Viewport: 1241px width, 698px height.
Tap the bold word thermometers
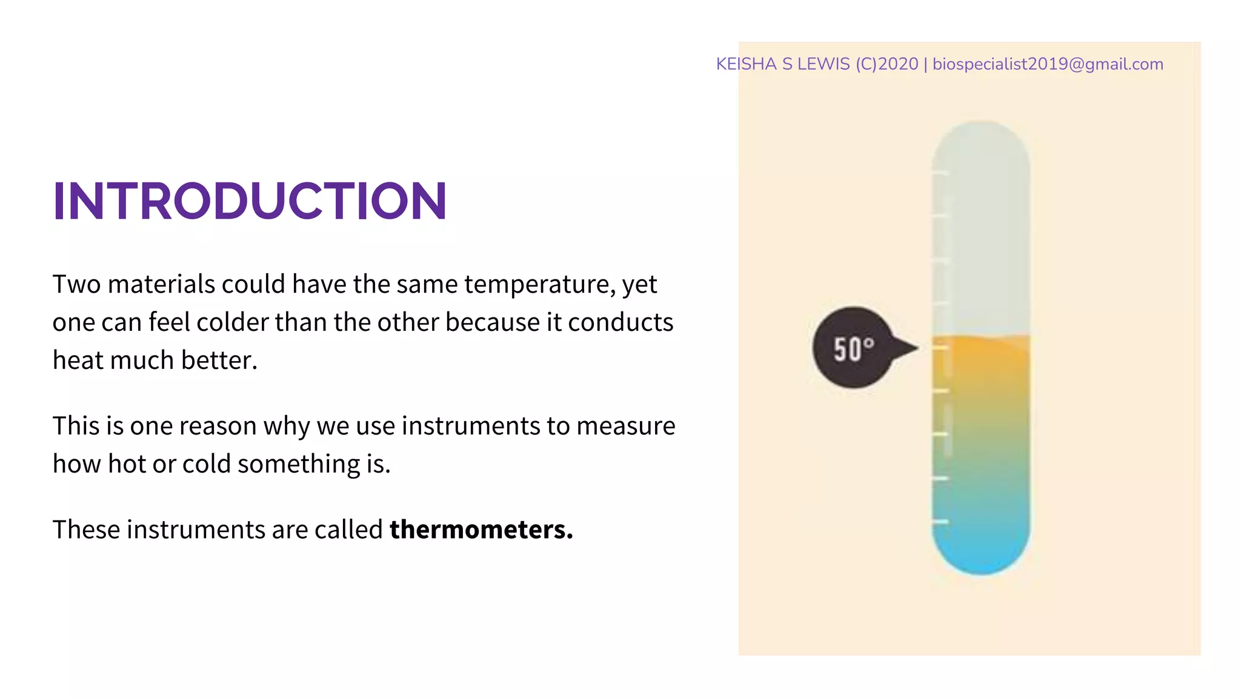point(481,530)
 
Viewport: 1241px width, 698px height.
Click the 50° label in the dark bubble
point(853,349)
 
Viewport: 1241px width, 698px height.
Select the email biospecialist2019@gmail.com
point(1047,64)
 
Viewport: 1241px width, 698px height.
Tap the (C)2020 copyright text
point(887,64)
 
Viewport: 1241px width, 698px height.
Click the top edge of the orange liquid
point(980,337)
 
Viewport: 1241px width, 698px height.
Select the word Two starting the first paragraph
point(76,284)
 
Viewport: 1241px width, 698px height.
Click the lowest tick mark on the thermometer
point(940,522)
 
